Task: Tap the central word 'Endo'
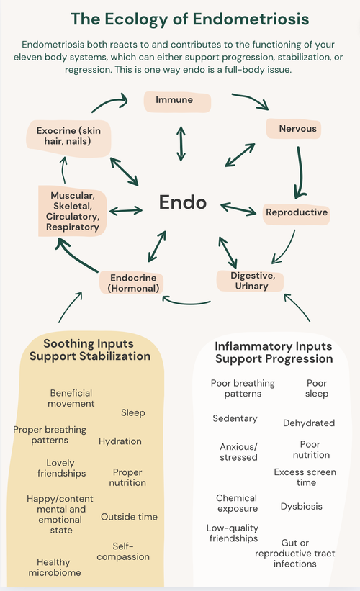183,202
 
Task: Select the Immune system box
174,101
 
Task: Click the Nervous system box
292,130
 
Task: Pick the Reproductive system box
297,212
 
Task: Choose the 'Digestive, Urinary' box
250,281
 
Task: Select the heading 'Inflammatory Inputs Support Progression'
274,352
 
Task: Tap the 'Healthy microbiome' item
55,568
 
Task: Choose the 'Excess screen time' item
306,477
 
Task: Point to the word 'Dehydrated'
309,423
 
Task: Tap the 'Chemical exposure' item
237,503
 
